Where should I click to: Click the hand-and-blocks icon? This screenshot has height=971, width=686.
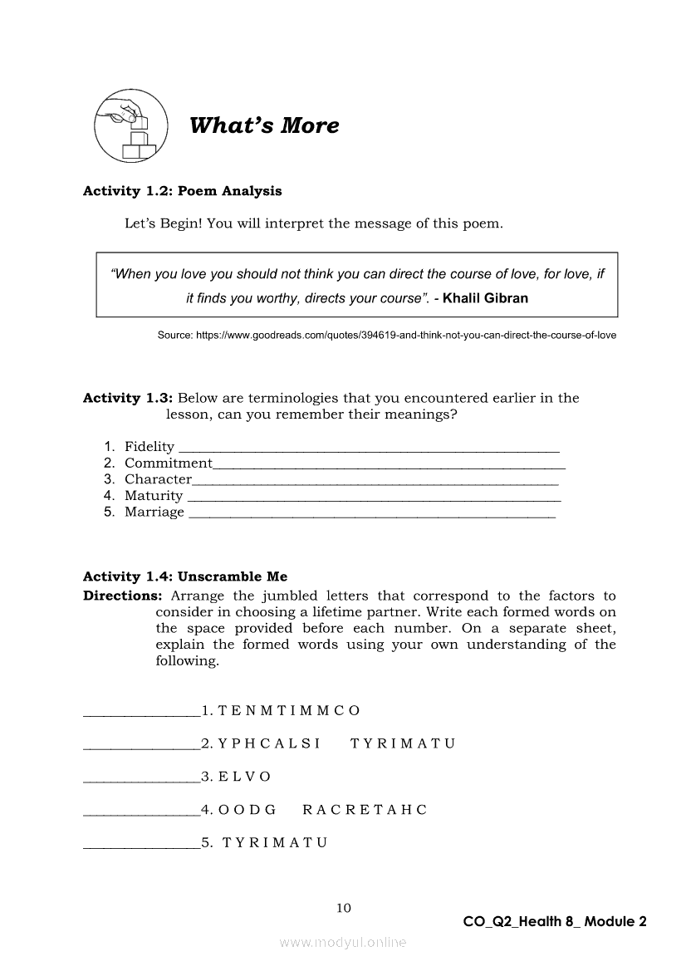pyautogui.click(x=130, y=126)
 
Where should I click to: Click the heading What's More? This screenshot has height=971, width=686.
pyautogui.click(x=264, y=125)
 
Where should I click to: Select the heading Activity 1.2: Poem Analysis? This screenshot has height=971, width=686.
pyautogui.click(x=182, y=191)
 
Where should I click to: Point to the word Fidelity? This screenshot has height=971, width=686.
pyautogui.click(x=149, y=447)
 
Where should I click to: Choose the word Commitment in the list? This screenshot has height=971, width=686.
pyautogui.click(x=169, y=463)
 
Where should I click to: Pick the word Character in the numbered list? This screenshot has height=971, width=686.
pyautogui.click(x=158, y=479)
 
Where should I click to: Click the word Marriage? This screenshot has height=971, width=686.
pyautogui.click(x=154, y=512)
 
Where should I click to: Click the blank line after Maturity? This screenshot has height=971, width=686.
pyautogui.click(x=375, y=498)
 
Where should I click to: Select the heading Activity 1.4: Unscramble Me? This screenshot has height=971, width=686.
pyautogui.click(x=185, y=576)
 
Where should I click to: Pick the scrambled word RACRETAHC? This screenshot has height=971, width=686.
pyautogui.click(x=365, y=810)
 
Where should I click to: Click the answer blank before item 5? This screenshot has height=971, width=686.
pyautogui.click(x=141, y=846)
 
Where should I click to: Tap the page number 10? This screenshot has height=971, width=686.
pyautogui.click(x=343, y=908)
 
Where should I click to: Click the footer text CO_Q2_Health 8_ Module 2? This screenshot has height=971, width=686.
pyautogui.click(x=555, y=921)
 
